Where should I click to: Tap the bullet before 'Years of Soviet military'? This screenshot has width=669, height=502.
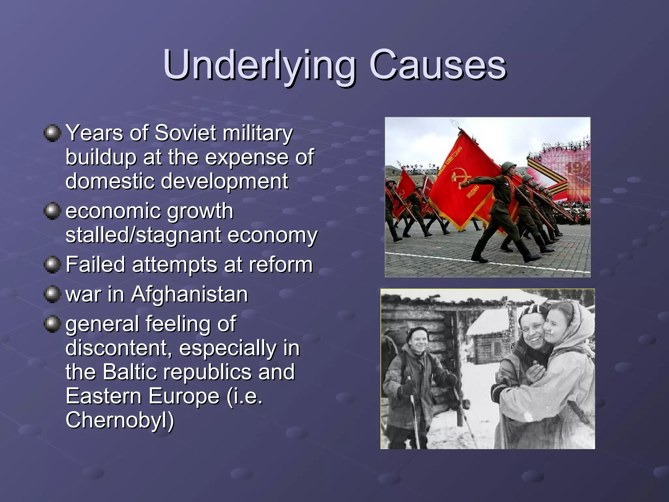[x=52, y=133]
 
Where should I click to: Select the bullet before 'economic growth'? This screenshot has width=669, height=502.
[x=52, y=211]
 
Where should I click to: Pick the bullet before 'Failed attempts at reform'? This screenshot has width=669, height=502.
[x=52, y=264]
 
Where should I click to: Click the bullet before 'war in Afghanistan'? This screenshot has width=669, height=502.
[x=52, y=294]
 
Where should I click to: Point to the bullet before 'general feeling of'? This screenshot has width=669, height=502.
[x=52, y=324]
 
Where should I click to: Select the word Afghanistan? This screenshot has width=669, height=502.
[x=189, y=294]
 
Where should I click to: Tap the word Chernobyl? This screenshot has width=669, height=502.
[x=119, y=420]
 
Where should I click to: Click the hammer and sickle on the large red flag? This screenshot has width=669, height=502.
[x=459, y=178]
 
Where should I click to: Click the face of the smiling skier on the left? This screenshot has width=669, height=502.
[x=418, y=342]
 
